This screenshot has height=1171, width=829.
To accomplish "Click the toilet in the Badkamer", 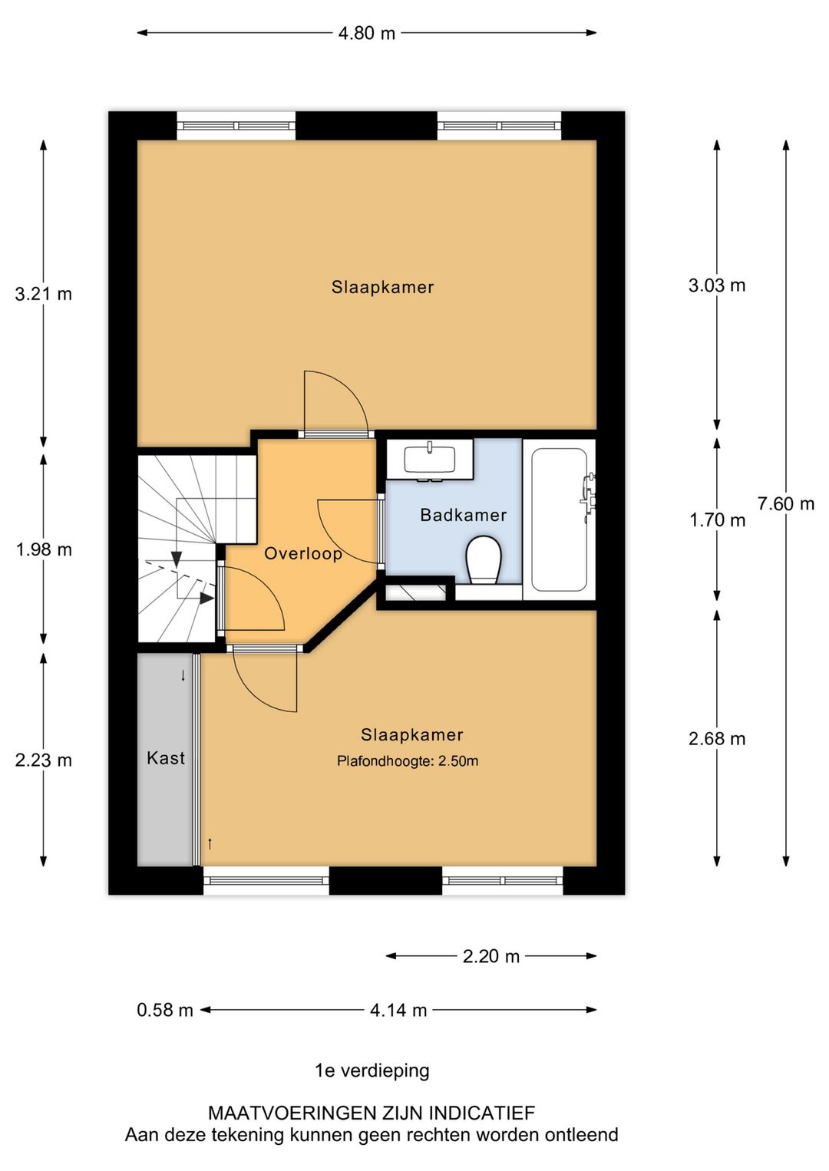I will [x=484, y=559].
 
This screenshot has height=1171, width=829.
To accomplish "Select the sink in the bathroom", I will [x=429, y=460].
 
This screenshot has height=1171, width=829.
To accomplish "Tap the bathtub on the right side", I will [x=560, y=520].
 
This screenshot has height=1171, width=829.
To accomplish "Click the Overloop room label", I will [x=303, y=553].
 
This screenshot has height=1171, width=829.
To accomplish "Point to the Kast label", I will [x=166, y=758].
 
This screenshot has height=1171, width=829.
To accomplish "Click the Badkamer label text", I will [x=463, y=515].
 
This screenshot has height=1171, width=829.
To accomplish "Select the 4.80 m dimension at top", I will [x=367, y=33].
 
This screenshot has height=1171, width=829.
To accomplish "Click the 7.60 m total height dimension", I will [x=785, y=504].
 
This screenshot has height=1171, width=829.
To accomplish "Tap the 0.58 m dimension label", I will [x=165, y=1010].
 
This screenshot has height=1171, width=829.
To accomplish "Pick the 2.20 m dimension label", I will [x=491, y=956].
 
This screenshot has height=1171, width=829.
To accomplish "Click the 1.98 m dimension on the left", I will [x=44, y=549].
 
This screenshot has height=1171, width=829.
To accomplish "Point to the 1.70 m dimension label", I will [x=717, y=520].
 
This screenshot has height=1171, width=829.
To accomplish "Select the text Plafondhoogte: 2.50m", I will [x=408, y=761].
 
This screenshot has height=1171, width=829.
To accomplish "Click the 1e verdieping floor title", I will [x=372, y=1070].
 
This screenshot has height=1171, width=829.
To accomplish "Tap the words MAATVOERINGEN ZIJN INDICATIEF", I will [x=372, y=1113].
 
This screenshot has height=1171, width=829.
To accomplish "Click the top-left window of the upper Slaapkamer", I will [x=236, y=126].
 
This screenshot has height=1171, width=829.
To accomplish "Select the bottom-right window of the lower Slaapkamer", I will [x=502, y=880].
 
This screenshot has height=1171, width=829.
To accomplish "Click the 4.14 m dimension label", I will [x=398, y=1010].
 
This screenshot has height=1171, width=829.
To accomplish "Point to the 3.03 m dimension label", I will [x=717, y=285].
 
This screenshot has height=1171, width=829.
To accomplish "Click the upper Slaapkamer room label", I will [x=382, y=287].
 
